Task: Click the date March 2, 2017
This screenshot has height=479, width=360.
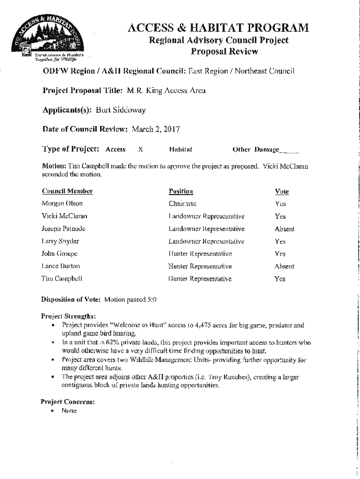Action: (x=156, y=128)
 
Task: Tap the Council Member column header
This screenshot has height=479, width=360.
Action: (x=67, y=191)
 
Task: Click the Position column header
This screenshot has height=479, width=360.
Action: (x=181, y=191)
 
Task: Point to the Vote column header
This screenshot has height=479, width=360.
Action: (x=282, y=191)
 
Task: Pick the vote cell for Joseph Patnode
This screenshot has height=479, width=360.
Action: (x=284, y=229)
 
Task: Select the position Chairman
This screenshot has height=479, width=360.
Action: (x=183, y=204)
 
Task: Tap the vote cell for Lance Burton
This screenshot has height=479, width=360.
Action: (x=284, y=267)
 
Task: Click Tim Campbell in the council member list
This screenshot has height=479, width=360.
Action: (x=62, y=279)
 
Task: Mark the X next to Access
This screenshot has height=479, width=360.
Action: (x=140, y=150)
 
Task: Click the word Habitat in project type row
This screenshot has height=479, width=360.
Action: (x=181, y=150)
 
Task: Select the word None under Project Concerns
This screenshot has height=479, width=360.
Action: (x=69, y=411)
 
